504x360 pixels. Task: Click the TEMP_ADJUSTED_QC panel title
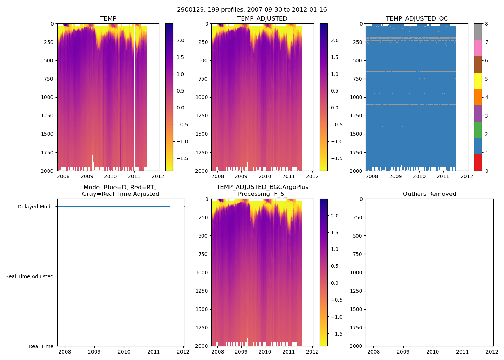[417, 19]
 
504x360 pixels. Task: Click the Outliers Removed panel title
[429, 194]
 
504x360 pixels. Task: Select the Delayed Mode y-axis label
[35, 207]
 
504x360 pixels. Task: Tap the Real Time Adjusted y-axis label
[29, 276]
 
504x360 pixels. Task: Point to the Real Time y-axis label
[41, 346]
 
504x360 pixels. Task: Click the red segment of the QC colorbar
[478, 162]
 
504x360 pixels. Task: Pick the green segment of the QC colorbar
[478, 130]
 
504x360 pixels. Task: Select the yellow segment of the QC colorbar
[478, 81]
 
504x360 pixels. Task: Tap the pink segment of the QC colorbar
[478, 48]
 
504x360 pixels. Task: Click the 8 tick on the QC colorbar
[486, 24]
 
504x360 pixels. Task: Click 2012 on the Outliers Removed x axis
[492, 352]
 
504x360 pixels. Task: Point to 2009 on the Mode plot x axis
[94, 352]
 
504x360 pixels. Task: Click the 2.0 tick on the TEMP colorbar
[180, 40]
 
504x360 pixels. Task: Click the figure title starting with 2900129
[252, 10]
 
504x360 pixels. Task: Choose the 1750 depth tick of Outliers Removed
[356, 328]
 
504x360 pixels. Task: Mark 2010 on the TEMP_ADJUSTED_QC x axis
[419, 176]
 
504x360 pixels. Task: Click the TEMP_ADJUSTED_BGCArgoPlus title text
[262, 187]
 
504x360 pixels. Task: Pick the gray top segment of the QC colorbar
[478, 32]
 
